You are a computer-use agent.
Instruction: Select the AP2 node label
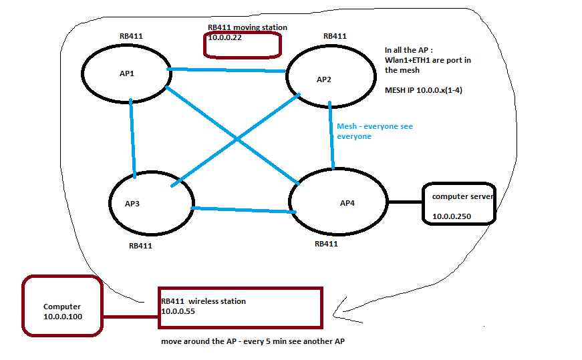(x=323, y=79)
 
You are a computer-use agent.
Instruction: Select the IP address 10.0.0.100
(x=63, y=317)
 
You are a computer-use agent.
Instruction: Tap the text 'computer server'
(x=462, y=196)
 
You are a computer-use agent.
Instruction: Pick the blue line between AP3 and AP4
(x=244, y=210)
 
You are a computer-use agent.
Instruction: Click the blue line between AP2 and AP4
(x=331, y=137)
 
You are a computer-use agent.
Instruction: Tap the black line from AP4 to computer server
(x=405, y=202)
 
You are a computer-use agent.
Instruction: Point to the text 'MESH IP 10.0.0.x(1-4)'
(x=424, y=89)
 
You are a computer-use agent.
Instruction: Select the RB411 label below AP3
(x=140, y=246)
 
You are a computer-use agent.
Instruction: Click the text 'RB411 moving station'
(x=248, y=27)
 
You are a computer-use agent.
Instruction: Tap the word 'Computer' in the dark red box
(x=62, y=307)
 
